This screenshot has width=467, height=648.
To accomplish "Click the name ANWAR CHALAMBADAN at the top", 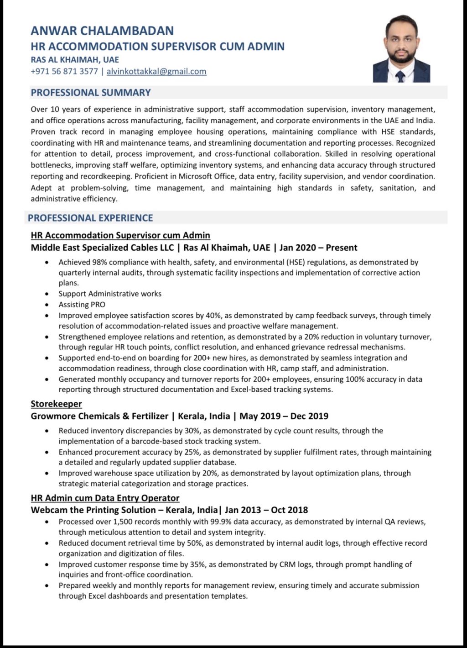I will coord(102,31).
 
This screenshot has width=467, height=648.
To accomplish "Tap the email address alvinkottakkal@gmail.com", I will coord(156,71).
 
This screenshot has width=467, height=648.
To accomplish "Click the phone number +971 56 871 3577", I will coord(64,71).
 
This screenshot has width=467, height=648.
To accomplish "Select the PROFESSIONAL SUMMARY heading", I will coord(91,93).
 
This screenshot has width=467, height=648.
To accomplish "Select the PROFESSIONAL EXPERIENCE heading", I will coord(90,218).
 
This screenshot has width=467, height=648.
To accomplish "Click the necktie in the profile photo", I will coord(401,76).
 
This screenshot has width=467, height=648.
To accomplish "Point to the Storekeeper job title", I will coord(56,404).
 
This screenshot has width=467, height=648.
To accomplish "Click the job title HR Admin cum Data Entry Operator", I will coord(105,498).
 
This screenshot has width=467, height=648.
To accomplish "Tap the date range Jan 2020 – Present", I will coord(318,248).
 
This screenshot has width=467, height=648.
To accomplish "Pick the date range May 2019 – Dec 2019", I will coord(284,416).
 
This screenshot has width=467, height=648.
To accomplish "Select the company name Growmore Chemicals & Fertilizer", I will coord(99,416).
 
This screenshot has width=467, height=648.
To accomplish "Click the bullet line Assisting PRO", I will coord(82,305).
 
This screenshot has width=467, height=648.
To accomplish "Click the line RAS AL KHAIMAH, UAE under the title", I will coord(75,59).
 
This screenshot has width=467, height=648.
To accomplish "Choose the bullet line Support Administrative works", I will coord(110,294).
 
